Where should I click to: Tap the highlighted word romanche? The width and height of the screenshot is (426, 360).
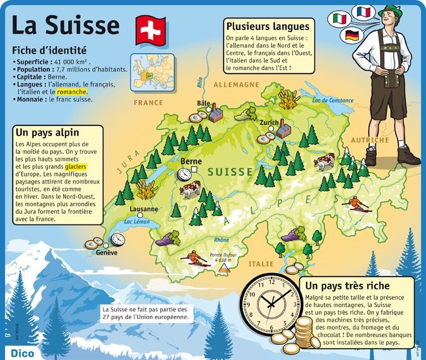[71, 91]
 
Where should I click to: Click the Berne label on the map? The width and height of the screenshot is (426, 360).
[191, 161]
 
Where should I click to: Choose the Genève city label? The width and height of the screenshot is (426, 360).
[107, 253]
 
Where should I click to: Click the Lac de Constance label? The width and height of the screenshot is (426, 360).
[333, 100]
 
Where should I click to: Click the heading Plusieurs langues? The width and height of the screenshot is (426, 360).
[269, 26]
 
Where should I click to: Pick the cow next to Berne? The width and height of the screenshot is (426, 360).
[189, 188]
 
